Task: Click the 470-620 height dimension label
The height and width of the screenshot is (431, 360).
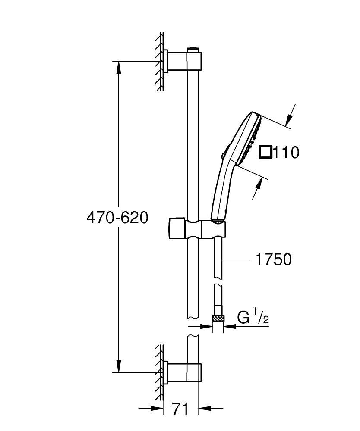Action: [117, 218]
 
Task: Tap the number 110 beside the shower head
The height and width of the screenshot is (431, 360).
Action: [285, 152]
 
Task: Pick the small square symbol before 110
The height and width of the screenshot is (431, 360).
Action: [265, 152]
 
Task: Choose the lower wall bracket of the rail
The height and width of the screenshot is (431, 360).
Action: [184, 372]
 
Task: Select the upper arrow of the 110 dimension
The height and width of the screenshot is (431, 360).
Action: [291, 117]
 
